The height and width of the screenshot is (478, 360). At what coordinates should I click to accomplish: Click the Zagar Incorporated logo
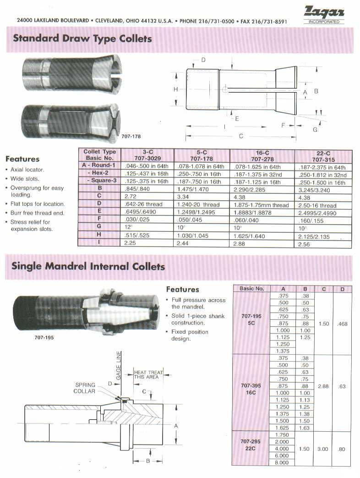[x=323, y=14]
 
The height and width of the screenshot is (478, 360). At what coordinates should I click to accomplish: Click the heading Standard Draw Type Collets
[x=82, y=38]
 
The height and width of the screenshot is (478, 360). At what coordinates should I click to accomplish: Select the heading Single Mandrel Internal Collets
[x=88, y=266]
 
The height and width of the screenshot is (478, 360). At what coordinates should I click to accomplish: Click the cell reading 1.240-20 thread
[x=198, y=205]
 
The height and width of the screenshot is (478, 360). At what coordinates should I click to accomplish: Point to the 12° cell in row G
[x=128, y=228]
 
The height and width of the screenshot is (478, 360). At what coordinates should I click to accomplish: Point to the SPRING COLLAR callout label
[x=85, y=388]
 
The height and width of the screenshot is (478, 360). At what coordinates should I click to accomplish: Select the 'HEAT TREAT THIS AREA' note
[x=148, y=374]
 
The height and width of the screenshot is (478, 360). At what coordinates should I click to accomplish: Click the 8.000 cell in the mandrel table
[x=283, y=462]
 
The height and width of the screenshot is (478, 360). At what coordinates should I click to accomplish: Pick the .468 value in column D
[x=342, y=324]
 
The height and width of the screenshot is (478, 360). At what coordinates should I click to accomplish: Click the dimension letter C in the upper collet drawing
[x=241, y=136]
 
